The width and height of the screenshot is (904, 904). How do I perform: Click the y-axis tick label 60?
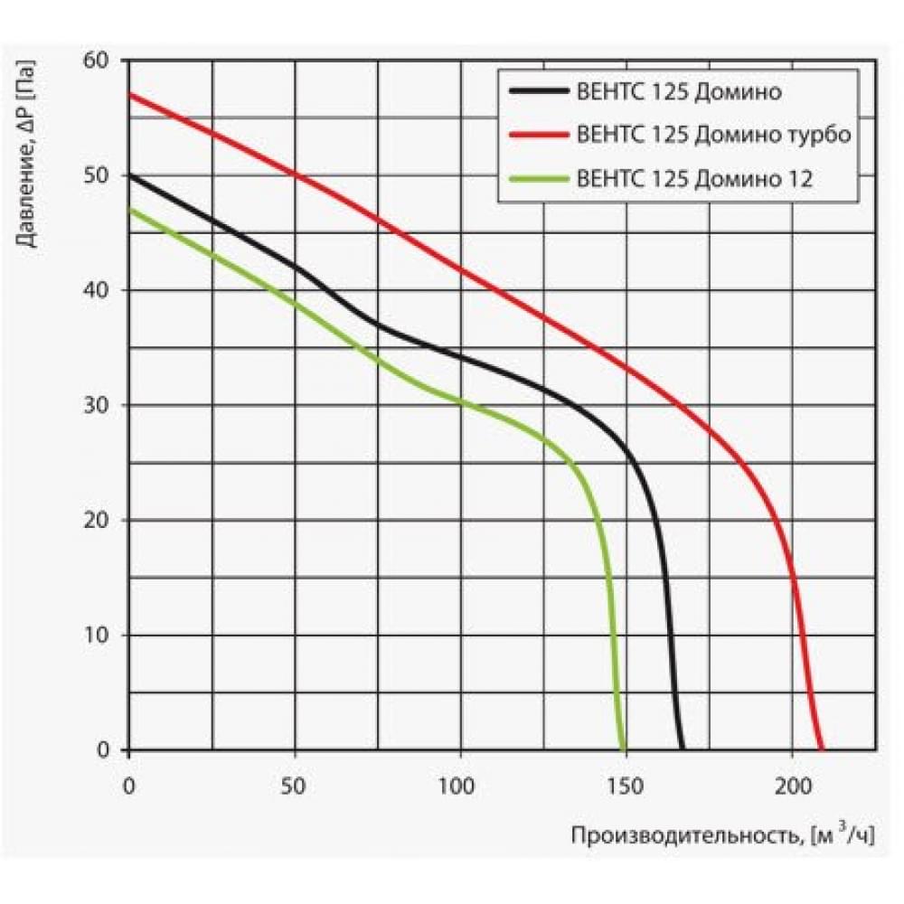(95, 60)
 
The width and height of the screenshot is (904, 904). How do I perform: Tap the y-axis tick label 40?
(95, 290)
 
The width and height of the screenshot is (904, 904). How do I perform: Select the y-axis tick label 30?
(95, 405)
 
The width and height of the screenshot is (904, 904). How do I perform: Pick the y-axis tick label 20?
(95, 521)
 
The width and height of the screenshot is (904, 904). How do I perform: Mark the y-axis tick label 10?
(95, 636)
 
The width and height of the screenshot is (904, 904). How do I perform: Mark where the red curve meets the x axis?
(822, 749)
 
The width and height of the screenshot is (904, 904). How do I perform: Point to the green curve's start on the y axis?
(130, 209)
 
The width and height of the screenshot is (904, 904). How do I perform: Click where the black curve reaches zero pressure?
(683, 749)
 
